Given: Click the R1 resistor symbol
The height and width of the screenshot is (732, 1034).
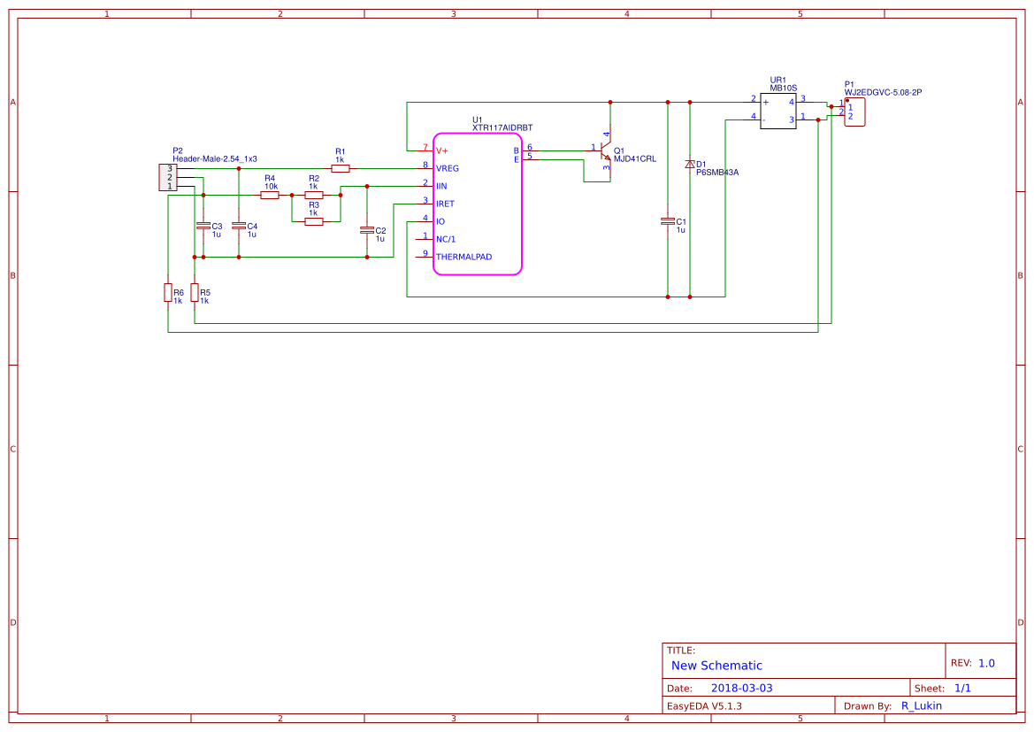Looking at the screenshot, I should (x=340, y=168).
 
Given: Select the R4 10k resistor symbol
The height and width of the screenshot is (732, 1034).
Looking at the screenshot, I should (x=270, y=195).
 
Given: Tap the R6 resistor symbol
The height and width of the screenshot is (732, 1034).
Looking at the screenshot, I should (x=167, y=293).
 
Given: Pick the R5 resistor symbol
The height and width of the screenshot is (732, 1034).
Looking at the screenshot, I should (x=194, y=293).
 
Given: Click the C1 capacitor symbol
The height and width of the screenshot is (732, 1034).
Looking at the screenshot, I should (x=668, y=221).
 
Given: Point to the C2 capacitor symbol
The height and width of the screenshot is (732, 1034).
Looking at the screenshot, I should (x=367, y=230).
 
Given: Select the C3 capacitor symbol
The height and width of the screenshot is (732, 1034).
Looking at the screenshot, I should (x=203, y=226).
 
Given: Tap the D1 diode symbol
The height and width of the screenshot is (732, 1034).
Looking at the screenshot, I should (x=690, y=165).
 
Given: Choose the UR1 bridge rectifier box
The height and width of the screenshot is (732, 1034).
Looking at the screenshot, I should (x=778, y=111).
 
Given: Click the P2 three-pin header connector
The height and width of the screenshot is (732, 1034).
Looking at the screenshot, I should (x=166, y=177).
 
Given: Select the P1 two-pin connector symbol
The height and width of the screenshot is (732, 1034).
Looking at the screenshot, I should (x=854, y=112).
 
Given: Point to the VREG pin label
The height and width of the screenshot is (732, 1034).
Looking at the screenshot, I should (x=448, y=168).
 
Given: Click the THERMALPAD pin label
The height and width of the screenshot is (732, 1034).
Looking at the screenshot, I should (x=463, y=257).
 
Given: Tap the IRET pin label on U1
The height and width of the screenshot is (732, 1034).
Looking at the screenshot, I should (x=445, y=204).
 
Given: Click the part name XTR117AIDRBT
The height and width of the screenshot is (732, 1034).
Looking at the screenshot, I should (x=502, y=128).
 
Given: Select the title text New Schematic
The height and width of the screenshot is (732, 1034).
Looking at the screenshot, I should (x=716, y=666).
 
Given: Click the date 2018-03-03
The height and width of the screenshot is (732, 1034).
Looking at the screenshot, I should (x=741, y=688).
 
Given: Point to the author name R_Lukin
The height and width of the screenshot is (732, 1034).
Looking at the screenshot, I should (x=921, y=705).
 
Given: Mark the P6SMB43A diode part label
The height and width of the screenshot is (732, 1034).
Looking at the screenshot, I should (x=717, y=173).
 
